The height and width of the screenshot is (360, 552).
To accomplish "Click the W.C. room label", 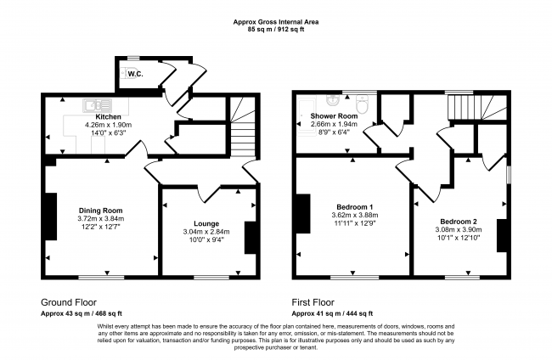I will pos(135,74).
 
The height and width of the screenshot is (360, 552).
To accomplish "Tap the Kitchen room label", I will pos(109,116).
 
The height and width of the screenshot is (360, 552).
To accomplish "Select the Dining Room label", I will pos(102,211).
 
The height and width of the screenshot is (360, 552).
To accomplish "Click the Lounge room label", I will pos(206,222).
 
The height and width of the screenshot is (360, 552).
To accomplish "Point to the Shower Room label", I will pos(322,115).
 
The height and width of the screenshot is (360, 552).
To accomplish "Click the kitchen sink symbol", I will pos(93,105).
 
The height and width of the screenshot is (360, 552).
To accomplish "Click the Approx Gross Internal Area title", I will pos(276,23).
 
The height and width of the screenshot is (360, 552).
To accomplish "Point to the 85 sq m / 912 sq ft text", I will pos(276,31).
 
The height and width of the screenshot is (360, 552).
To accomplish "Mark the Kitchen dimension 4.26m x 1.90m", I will pos(109,125).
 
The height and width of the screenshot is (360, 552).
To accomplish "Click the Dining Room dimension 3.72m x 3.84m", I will pos(102,219).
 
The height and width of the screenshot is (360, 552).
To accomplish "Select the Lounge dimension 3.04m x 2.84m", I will pos(206,231).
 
